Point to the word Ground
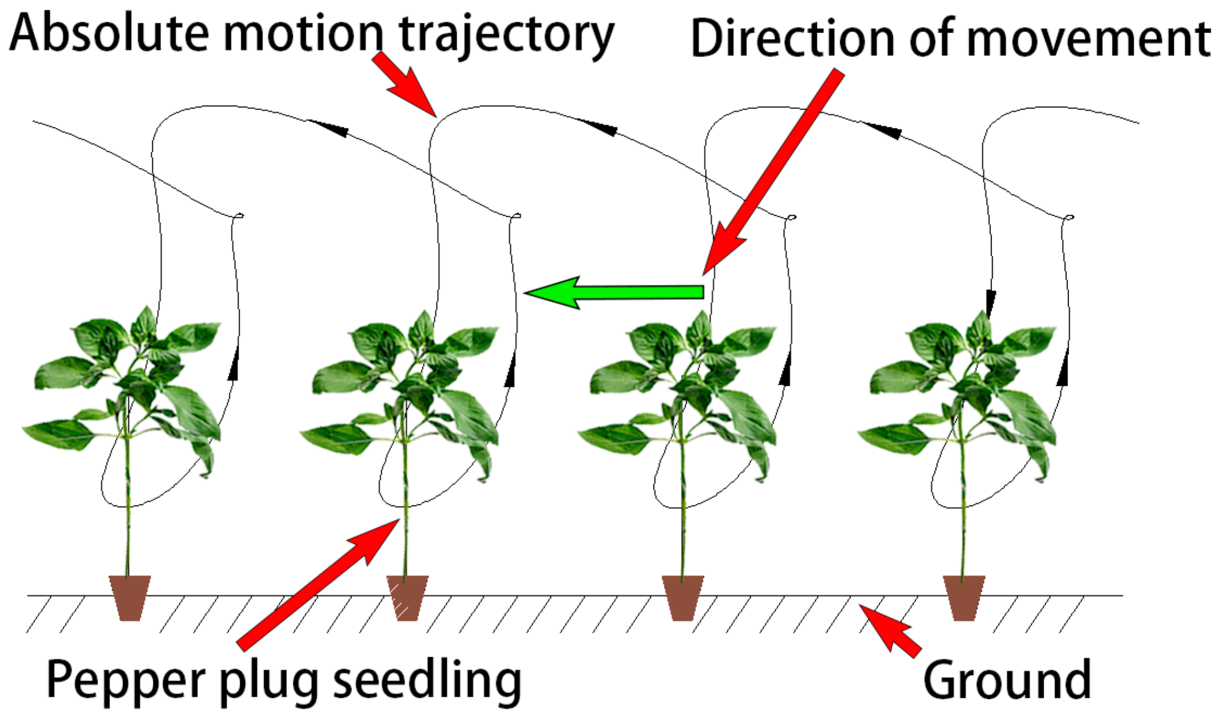click(x=1007, y=679)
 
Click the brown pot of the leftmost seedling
click(x=130, y=597)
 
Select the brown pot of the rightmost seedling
click(x=964, y=597)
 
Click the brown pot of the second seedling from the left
click(x=407, y=597)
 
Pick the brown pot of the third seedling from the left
click(x=683, y=597)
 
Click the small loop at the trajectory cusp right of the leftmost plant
click(x=239, y=216)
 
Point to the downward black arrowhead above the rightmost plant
click(x=991, y=301)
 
